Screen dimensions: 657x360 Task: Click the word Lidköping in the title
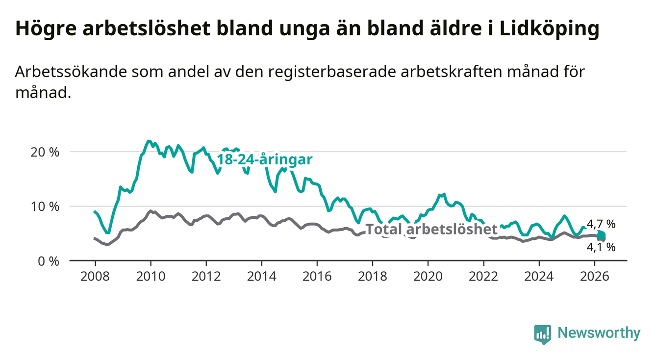(x=550, y=29)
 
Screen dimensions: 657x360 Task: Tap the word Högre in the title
(x=46, y=29)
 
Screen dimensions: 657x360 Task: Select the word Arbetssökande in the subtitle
(x=71, y=72)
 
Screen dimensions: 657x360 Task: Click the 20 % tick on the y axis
(x=45, y=152)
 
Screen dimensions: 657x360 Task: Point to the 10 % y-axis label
(x=45, y=207)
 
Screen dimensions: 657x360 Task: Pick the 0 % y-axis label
(x=49, y=261)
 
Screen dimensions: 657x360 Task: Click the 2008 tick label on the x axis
(x=95, y=277)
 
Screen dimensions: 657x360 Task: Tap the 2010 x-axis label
(x=151, y=277)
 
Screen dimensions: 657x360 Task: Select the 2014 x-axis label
(x=262, y=277)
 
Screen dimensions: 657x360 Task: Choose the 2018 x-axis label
(x=373, y=277)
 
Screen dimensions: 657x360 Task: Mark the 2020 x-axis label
(x=428, y=277)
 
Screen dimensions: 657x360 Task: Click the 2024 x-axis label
(x=539, y=277)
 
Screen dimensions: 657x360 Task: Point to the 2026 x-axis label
(x=595, y=277)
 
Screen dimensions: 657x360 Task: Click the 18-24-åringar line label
(x=265, y=159)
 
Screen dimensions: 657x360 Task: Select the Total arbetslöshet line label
(x=432, y=229)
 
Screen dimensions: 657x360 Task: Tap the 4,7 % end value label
(x=601, y=225)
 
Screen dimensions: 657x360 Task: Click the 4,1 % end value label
(x=601, y=247)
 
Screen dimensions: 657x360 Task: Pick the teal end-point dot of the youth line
(x=601, y=235)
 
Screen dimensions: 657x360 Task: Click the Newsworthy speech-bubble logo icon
(x=543, y=334)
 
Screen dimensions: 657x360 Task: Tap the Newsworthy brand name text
(x=599, y=333)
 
